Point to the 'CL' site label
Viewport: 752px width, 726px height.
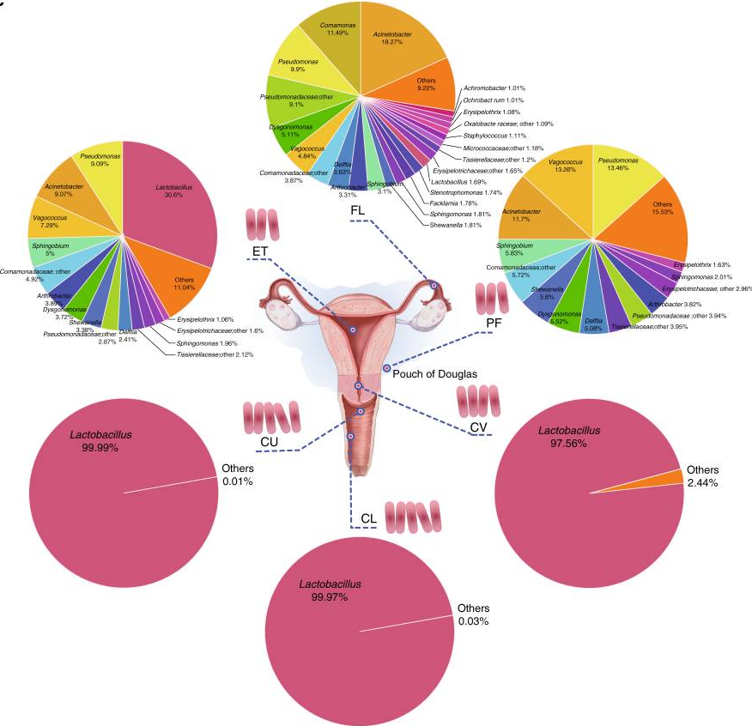tap(368, 518)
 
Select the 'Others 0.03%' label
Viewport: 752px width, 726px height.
tap(473, 614)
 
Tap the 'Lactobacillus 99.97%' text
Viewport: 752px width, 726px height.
tap(331, 590)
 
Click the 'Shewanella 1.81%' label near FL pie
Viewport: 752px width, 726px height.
tap(455, 225)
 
